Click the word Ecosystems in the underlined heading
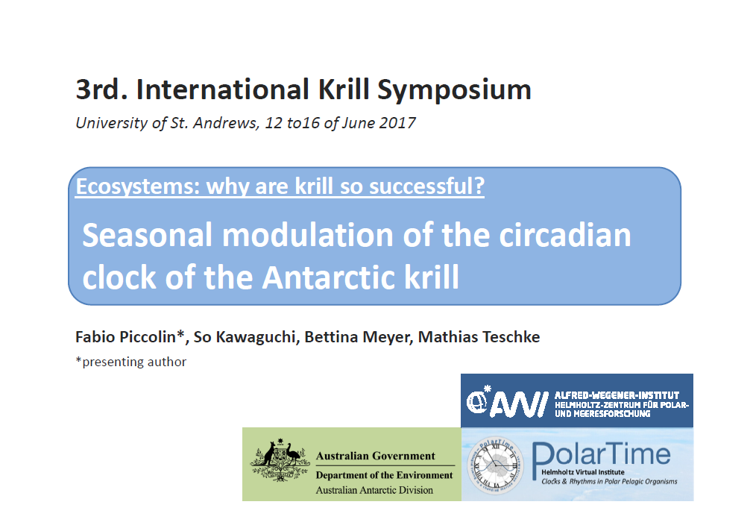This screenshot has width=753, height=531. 138,186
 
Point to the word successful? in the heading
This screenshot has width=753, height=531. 427,186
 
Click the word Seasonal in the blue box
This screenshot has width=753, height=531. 148,236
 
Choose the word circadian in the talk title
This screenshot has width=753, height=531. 565,236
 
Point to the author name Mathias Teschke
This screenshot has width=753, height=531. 479,337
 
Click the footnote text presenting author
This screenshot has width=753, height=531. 134,362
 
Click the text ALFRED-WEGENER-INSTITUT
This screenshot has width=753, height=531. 617,395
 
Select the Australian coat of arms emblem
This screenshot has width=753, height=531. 280,460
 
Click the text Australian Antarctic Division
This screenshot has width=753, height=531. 374,490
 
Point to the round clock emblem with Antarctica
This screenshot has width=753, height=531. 496,465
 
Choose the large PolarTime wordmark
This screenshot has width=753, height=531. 601,454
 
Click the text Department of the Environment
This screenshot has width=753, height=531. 384,475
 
